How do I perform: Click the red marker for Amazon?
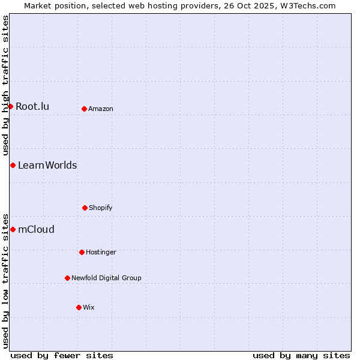pos(84,109)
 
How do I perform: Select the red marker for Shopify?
pos(85,208)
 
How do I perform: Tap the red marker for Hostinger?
pos(82,252)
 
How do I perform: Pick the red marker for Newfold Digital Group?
pos(67,278)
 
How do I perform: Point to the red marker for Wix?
pos(79,307)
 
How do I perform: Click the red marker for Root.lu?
pos(10,106)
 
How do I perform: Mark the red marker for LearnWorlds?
pos(13,165)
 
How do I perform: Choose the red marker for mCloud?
pos(13,229)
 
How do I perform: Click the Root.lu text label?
pos(32,107)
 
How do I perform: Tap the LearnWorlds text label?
pos(47,166)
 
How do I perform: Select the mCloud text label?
pos(36,230)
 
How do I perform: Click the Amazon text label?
pos(100,109)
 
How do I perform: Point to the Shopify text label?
pos(100,208)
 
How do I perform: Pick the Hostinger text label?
pos(101,253)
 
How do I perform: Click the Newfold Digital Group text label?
pos(106,278)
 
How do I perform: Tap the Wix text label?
pos(88,308)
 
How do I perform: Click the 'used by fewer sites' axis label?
pos(62,356)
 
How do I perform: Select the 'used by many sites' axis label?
pos(301,356)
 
